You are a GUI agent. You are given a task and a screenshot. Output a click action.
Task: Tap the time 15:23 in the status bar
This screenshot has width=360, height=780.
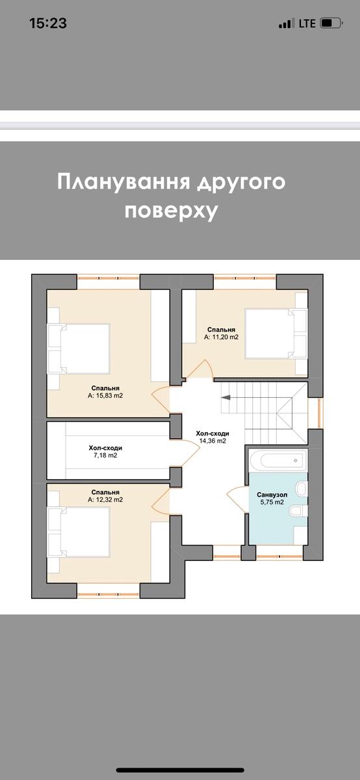(48, 23)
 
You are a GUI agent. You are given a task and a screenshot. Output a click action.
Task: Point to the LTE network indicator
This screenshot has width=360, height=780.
(307, 23)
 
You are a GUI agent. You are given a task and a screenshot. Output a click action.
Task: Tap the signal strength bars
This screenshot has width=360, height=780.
(286, 24)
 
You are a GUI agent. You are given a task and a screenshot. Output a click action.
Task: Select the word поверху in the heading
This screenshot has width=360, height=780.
(171, 211)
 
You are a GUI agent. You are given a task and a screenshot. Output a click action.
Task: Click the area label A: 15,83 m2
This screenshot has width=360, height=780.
(105, 395)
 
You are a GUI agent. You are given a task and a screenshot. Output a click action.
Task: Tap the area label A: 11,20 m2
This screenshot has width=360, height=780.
(221, 337)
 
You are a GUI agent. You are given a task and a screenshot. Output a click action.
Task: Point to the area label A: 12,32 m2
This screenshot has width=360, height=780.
(105, 500)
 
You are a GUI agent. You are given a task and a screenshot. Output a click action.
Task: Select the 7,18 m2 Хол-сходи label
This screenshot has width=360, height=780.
(105, 456)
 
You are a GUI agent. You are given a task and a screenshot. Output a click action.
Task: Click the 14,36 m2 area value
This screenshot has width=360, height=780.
(212, 441)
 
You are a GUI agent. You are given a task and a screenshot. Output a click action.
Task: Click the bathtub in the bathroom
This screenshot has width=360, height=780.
(276, 461)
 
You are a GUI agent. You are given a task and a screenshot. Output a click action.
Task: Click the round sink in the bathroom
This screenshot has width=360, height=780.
(300, 488)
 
